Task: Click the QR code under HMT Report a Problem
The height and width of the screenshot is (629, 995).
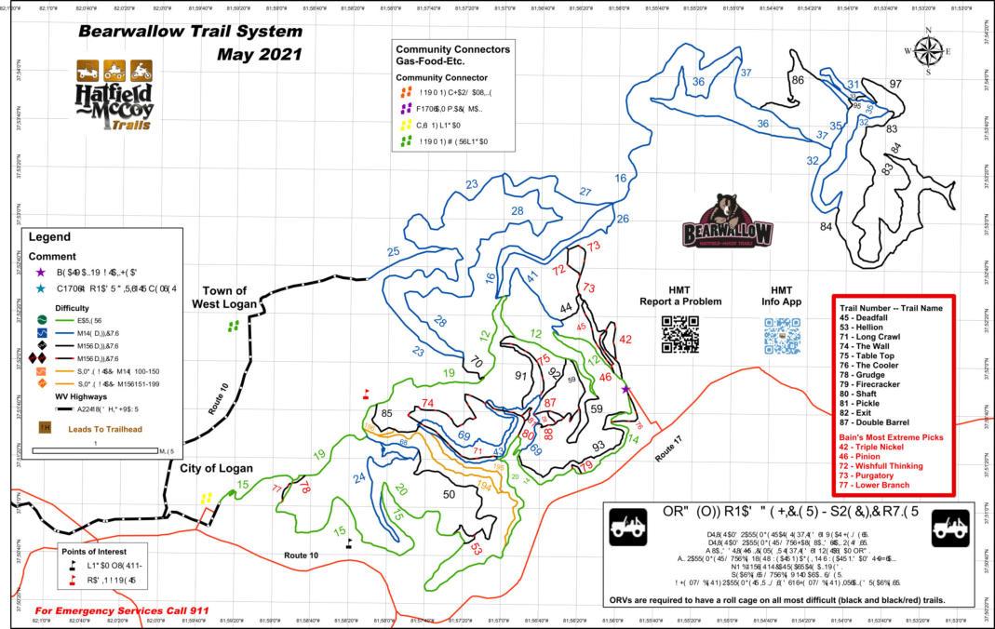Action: click(x=679, y=335)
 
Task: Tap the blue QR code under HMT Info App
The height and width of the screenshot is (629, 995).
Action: click(x=782, y=335)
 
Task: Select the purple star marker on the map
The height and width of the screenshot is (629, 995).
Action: click(x=625, y=390)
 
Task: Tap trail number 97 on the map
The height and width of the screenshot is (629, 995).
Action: click(x=895, y=85)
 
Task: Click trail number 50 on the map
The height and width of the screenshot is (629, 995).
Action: click(x=449, y=495)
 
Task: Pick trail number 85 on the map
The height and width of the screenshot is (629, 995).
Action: click(x=387, y=413)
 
